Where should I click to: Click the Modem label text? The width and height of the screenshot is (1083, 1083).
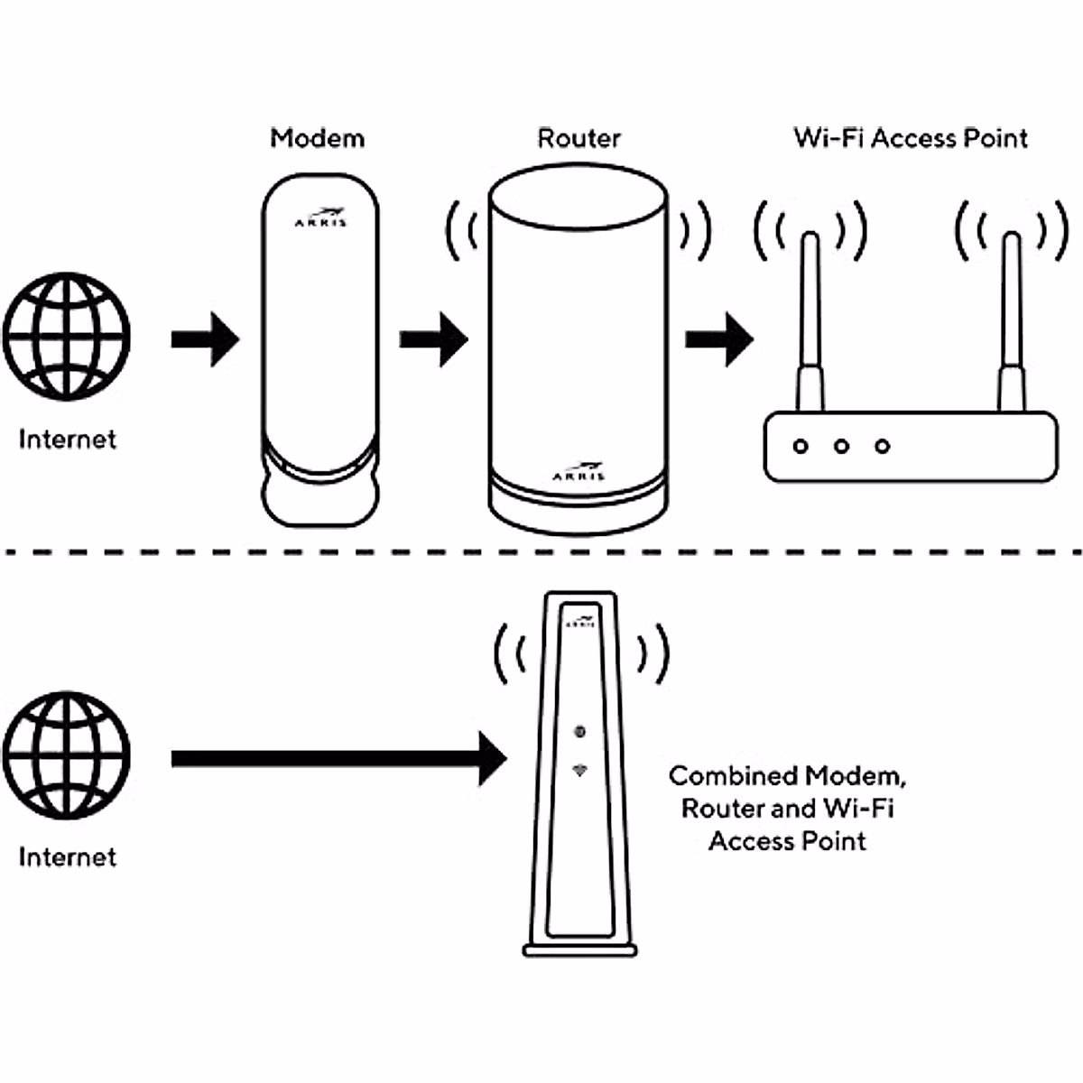pyautogui.click(x=318, y=138)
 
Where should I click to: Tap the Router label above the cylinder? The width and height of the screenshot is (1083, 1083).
pyautogui.click(x=579, y=138)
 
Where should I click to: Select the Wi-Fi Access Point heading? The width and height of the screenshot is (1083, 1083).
pyautogui.click(x=911, y=138)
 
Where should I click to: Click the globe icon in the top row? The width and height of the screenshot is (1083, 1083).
pyautogui.click(x=66, y=338)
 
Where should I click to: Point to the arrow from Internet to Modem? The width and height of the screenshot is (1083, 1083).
pyautogui.click(x=205, y=339)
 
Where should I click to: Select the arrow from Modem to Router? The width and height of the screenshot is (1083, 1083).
pyautogui.click(x=433, y=339)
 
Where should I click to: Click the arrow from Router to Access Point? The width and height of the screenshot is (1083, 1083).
pyautogui.click(x=718, y=339)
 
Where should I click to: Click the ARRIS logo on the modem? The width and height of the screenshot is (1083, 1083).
pyautogui.click(x=320, y=218)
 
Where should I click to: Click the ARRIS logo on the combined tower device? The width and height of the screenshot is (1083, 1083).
pyautogui.click(x=579, y=622)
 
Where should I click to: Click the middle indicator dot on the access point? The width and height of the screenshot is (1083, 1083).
pyautogui.click(x=841, y=446)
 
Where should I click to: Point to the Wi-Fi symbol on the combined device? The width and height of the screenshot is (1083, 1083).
pyautogui.click(x=579, y=770)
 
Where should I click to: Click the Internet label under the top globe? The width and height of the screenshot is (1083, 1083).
pyautogui.click(x=68, y=440)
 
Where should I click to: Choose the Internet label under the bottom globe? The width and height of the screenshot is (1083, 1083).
pyautogui.click(x=68, y=856)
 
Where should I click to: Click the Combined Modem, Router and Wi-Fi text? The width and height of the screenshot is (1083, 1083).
pyautogui.click(x=787, y=808)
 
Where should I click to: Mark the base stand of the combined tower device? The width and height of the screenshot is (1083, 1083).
pyautogui.click(x=580, y=949)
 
